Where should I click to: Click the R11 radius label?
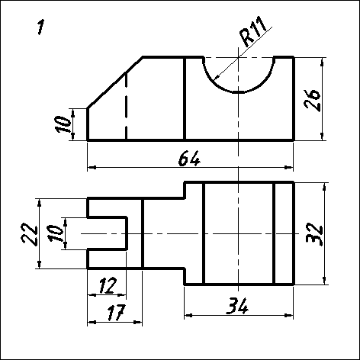click(x=253, y=31)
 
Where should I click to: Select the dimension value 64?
click(x=189, y=159)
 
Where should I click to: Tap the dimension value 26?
click(x=313, y=100)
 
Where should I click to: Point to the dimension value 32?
click(x=314, y=235)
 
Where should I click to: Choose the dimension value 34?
click(x=237, y=306)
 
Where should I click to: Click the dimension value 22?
click(x=30, y=233)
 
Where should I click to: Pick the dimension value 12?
click(x=108, y=285)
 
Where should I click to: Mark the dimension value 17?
click(x=117, y=313)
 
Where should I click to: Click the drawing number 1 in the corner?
click(x=40, y=27)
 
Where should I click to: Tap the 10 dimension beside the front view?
click(x=63, y=124)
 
